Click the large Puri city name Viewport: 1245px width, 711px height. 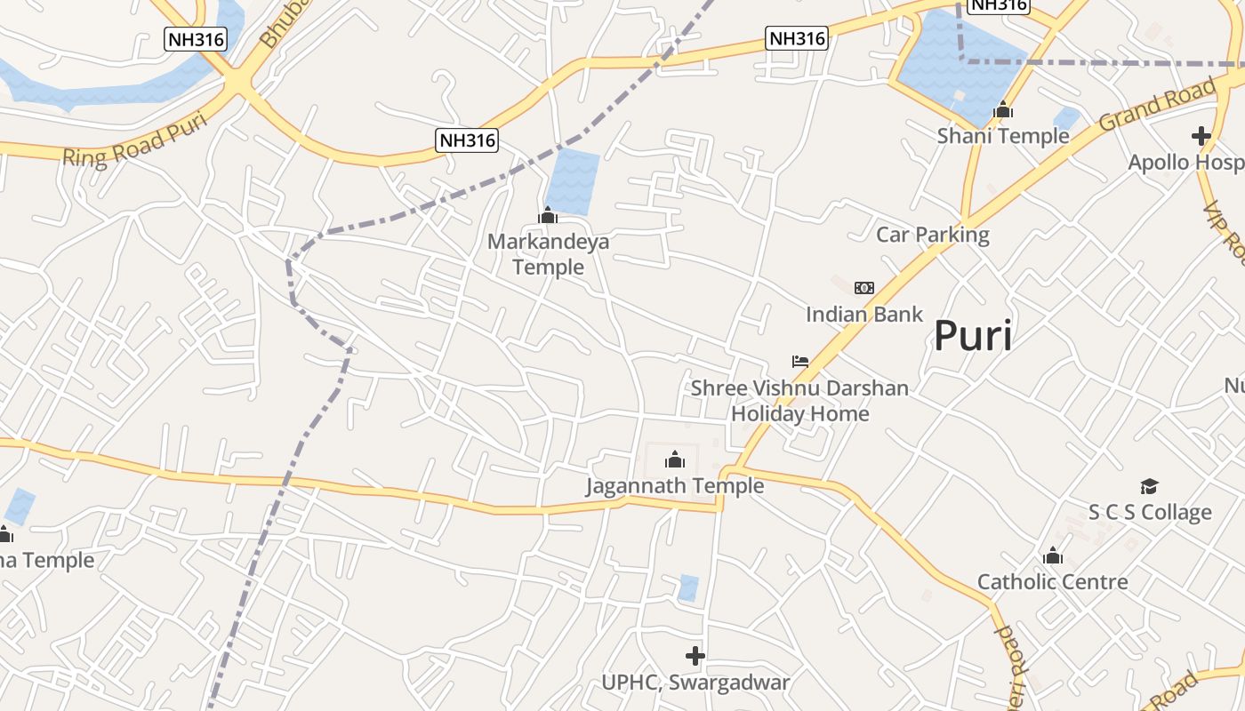click(x=972, y=337)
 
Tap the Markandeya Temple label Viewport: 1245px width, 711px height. click(x=548, y=254)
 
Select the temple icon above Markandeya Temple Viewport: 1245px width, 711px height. click(x=548, y=215)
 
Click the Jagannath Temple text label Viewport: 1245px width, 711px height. click(x=675, y=485)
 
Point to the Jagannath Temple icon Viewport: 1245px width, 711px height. click(x=675, y=459)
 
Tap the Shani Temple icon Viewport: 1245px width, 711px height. click(x=1003, y=110)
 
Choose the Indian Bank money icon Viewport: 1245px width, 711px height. click(x=863, y=288)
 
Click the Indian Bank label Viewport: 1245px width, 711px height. click(x=864, y=314)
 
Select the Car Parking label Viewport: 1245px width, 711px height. click(x=932, y=235)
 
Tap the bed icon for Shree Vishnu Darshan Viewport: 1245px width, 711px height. click(x=800, y=362)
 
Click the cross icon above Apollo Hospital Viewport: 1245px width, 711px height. click(x=1201, y=136)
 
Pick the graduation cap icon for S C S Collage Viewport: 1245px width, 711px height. click(x=1150, y=486)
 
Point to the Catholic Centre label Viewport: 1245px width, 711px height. click(x=1053, y=582)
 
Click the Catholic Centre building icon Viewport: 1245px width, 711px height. click(x=1053, y=556)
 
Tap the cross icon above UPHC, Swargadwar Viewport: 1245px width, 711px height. click(x=695, y=657)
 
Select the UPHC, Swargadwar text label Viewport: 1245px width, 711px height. click(x=695, y=683)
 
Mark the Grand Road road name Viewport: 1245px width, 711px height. click(x=1157, y=105)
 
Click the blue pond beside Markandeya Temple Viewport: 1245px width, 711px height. click(x=573, y=182)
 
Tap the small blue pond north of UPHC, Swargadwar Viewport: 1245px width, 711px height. click(x=688, y=587)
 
